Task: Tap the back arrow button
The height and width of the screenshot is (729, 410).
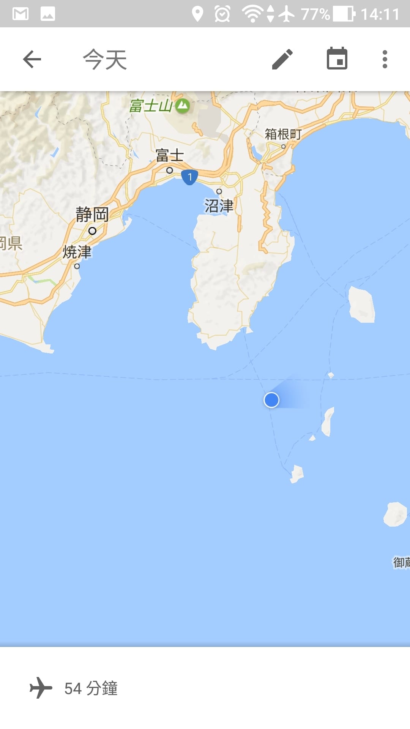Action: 32,59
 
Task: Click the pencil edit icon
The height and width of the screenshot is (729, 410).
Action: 282,59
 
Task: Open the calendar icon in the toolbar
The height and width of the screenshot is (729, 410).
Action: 337,59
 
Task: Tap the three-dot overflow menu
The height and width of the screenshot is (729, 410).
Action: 385,59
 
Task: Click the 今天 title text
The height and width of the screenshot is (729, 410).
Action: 105,60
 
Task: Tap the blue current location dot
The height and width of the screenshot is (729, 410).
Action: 271,400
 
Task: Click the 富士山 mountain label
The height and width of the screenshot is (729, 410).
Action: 151,106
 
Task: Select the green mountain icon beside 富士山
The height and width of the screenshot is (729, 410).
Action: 183,106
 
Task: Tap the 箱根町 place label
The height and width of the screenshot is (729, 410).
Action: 283,134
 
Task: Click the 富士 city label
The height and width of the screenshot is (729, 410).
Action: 170,155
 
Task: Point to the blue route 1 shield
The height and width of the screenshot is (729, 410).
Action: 189,177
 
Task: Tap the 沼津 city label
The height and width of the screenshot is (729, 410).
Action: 219,206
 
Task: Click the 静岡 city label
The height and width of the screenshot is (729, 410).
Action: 92,215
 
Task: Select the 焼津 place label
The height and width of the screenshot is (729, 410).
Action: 77,252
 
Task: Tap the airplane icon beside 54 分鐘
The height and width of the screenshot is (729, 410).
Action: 41,688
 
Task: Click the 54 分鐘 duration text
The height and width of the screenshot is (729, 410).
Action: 91,688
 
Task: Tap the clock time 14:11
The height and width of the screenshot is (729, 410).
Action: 380,14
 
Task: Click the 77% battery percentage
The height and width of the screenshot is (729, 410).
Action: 315,14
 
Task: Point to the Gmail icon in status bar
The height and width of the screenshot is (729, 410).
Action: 20,14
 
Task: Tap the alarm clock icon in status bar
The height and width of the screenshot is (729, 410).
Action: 222,14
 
